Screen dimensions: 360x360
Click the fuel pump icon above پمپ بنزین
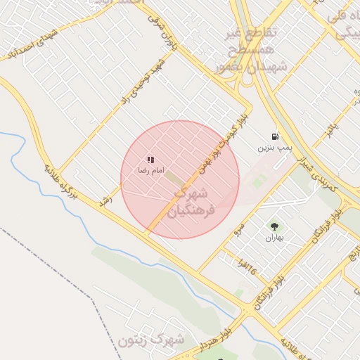point(274,136)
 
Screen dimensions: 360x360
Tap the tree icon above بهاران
point(274,226)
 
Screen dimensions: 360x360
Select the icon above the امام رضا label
point(150,160)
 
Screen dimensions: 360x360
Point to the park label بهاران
point(274,238)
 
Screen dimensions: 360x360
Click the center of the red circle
point(180,179)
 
